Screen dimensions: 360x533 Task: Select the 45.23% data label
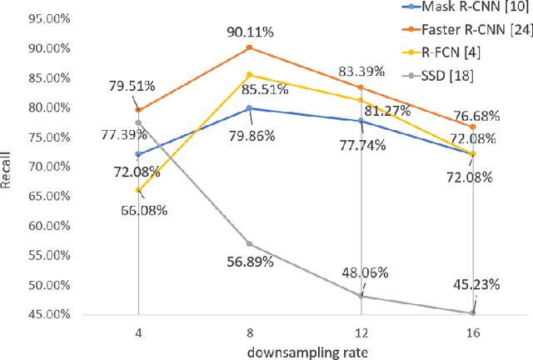476,284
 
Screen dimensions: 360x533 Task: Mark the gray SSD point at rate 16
473,313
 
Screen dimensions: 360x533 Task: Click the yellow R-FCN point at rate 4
137,190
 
